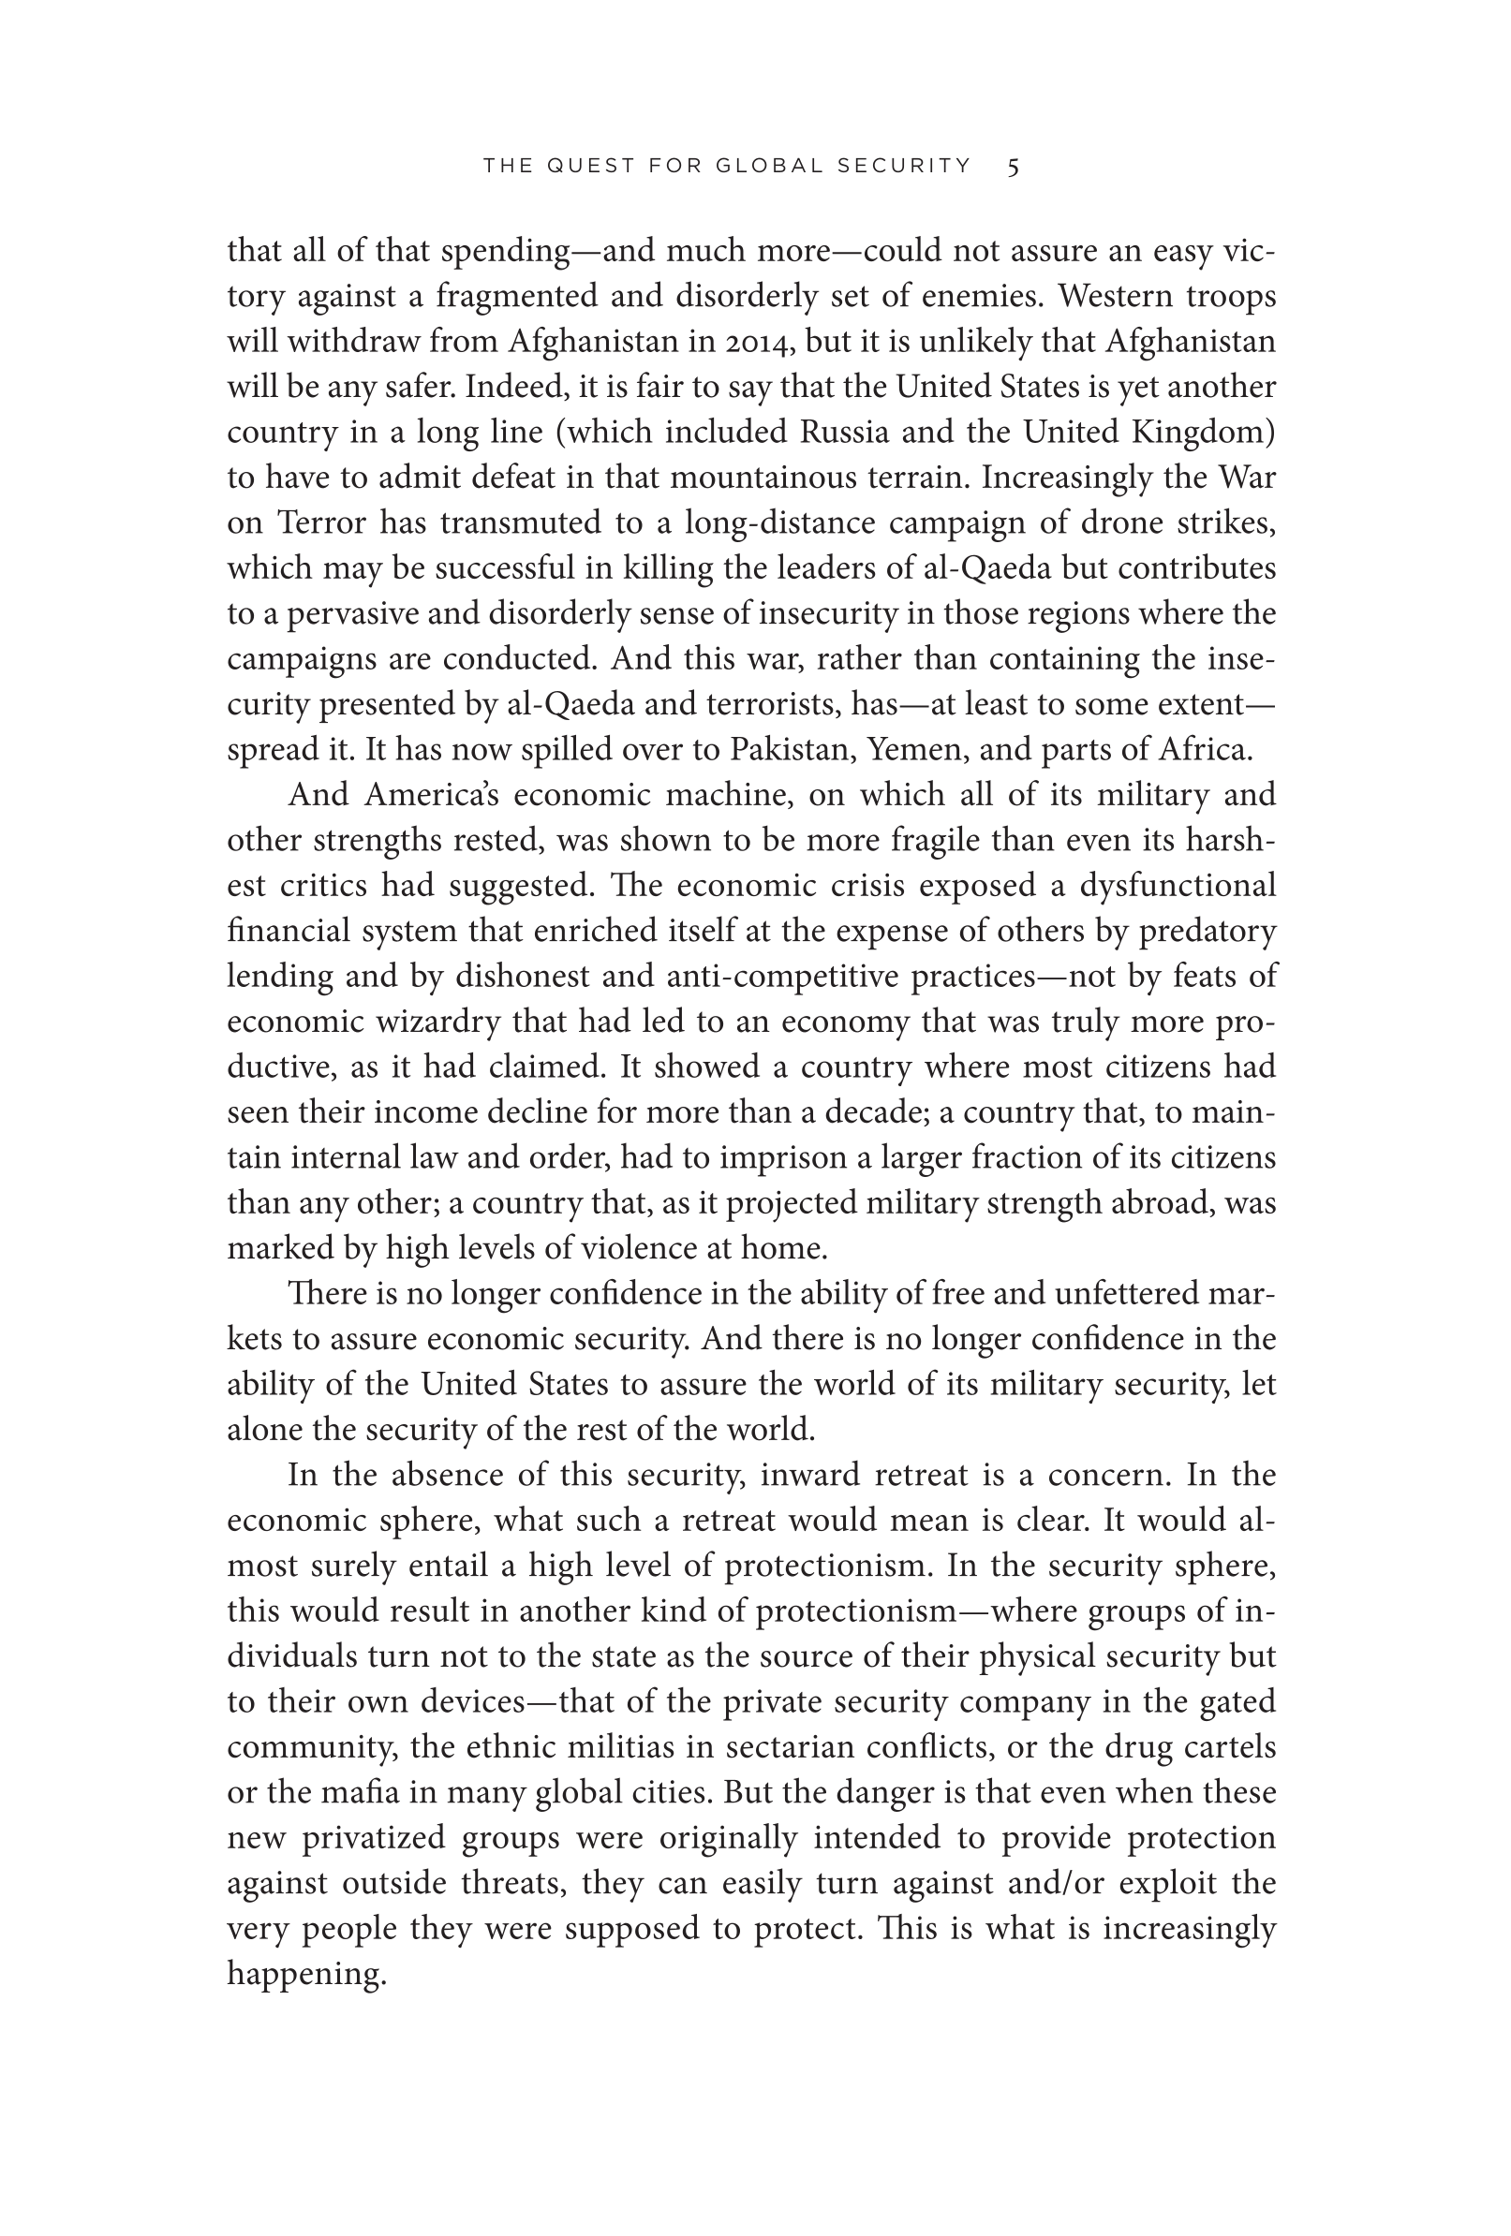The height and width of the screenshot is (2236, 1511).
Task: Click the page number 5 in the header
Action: (x=1013, y=167)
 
